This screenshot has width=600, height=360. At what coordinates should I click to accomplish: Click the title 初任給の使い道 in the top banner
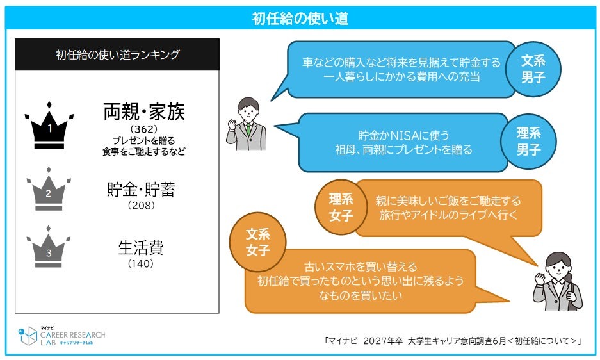(x=300, y=19)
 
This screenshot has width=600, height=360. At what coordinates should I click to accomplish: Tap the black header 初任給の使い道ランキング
(x=117, y=54)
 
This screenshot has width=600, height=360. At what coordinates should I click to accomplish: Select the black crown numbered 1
(x=49, y=126)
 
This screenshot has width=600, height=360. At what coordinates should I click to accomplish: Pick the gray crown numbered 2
(x=49, y=189)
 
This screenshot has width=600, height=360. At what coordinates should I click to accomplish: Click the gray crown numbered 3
(x=49, y=247)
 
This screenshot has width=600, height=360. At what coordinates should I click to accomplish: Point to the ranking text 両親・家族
(x=144, y=112)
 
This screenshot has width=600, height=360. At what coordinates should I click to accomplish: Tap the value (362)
(x=144, y=129)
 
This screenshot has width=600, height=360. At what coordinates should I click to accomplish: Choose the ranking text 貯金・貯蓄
(x=142, y=190)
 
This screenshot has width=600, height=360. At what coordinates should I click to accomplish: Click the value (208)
(x=142, y=206)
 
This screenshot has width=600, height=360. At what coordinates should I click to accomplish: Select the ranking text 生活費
(x=142, y=248)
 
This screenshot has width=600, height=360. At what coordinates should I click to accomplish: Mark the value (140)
(x=141, y=263)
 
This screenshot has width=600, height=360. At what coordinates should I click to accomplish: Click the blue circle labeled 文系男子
(x=533, y=69)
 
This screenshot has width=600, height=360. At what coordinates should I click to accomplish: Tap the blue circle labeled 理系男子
(x=528, y=142)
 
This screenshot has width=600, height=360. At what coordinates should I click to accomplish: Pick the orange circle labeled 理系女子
(x=341, y=207)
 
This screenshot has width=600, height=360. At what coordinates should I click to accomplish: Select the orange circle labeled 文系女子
(x=258, y=242)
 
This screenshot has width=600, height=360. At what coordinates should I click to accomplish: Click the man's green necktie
(x=248, y=129)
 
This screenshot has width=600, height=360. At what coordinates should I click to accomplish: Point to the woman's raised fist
(x=540, y=279)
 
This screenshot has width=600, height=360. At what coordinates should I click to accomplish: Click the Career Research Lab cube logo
(x=28, y=336)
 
